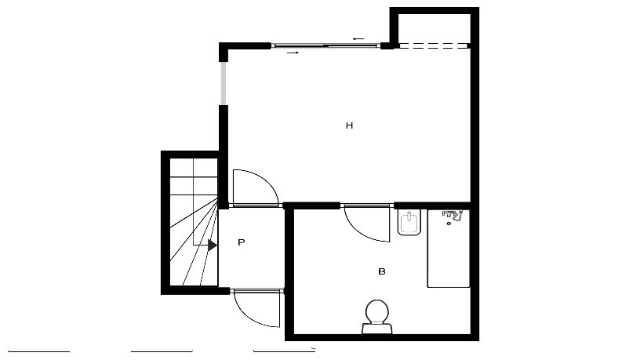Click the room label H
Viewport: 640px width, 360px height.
tap(349, 125)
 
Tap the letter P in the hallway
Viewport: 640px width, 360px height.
tap(242, 242)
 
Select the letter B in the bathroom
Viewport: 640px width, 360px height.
tap(382, 271)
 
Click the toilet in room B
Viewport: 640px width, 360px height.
tap(376, 316)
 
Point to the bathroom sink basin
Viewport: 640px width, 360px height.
tap(409, 223)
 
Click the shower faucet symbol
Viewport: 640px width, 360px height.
tap(452, 215)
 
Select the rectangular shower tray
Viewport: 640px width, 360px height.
tap(449, 248)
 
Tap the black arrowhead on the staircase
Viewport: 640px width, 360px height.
tap(213, 245)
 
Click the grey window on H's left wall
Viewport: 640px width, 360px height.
tap(224, 83)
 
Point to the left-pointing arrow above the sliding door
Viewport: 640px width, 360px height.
tap(358, 38)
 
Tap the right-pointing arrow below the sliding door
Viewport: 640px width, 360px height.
tap(293, 53)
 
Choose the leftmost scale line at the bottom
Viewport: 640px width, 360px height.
tap(38, 351)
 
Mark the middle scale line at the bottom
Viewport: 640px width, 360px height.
tap(162, 351)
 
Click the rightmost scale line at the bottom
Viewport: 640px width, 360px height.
tap(285, 351)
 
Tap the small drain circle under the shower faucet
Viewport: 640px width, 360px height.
tap(449, 224)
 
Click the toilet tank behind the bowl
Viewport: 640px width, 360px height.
tap(376, 328)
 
